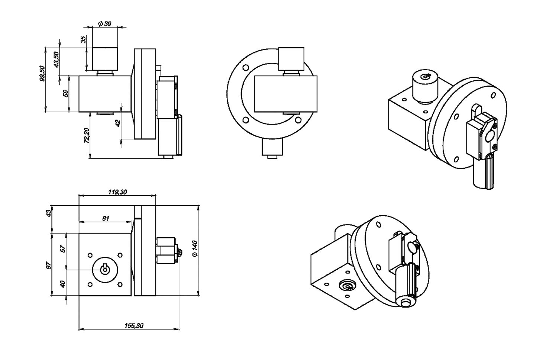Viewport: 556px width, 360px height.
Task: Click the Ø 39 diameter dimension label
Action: [104, 23]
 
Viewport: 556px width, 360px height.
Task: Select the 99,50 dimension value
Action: [42, 74]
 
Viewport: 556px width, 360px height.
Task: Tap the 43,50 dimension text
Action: [56, 60]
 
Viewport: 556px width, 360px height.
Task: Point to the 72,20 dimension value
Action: [87, 136]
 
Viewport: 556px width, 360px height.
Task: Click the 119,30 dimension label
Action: [117, 192]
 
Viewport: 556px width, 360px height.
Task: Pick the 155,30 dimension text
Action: [134, 325]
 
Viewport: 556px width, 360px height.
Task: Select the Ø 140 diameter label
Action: [195, 248]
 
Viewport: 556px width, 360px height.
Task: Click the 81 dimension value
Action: [106, 218]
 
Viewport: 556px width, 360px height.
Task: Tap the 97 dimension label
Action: [49, 265]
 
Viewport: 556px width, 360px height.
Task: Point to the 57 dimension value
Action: [63, 249]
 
